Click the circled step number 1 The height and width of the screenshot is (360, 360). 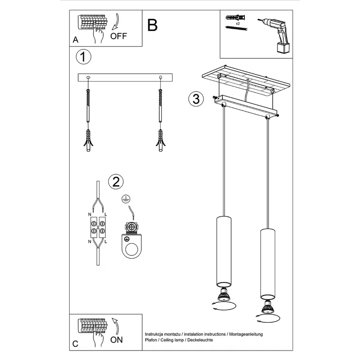click(83, 57)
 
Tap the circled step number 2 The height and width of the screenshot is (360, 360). click(115, 181)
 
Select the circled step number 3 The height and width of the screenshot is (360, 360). click(196, 99)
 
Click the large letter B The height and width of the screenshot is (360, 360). click(152, 25)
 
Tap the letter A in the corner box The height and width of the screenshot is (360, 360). click(75, 41)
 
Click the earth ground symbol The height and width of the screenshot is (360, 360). click(125, 199)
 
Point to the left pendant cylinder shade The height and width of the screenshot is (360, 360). click(224, 252)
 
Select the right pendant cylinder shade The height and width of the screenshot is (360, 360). click(267, 265)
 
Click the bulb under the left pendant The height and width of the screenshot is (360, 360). click(223, 297)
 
